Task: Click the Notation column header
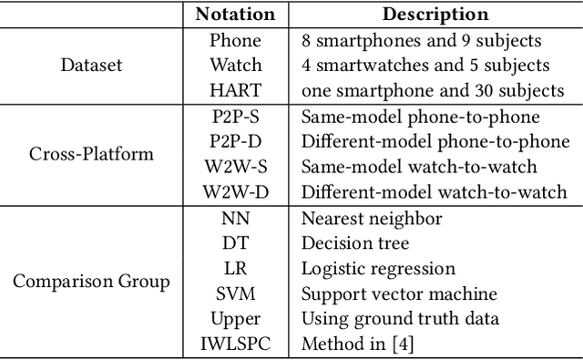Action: [x=235, y=15]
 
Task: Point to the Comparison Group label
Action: [x=91, y=282]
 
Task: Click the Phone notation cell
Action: [x=235, y=40]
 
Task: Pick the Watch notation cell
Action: [x=235, y=66]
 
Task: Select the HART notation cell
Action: [x=235, y=91]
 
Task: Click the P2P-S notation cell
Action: [x=235, y=117]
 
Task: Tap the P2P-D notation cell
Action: [x=235, y=142]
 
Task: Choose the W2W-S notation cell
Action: [x=235, y=168]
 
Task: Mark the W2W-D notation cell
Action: [x=235, y=192]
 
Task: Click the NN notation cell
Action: [x=235, y=219]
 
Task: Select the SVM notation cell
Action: [x=235, y=294]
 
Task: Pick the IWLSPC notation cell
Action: [x=235, y=345]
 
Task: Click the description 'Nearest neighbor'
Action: [x=370, y=219]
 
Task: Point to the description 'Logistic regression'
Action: [x=377, y=269]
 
